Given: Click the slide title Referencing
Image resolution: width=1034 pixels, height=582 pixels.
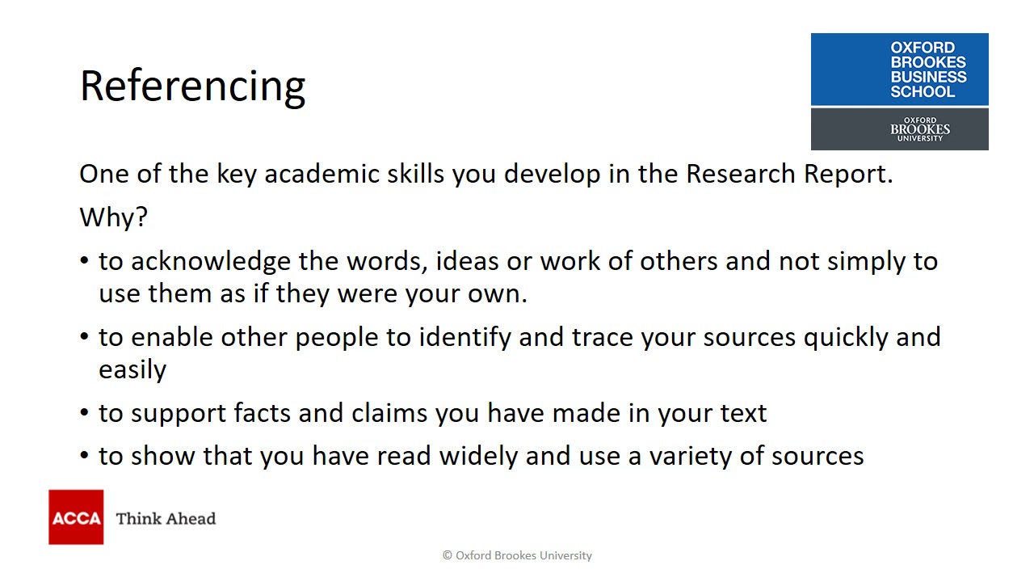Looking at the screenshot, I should pos(192,86).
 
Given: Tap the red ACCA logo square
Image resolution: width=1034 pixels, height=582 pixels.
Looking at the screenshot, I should pos(76,517).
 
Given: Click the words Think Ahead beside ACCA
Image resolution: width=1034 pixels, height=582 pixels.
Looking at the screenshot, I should pos(166,519).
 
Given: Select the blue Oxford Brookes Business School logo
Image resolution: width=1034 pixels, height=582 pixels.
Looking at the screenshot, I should pos(899,70).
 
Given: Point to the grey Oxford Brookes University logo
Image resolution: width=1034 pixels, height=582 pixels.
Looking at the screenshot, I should pos(899,129).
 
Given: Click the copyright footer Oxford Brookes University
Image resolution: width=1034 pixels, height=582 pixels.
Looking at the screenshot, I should pos(517,555).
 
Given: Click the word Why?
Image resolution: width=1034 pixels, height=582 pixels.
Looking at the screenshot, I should pos(113,217).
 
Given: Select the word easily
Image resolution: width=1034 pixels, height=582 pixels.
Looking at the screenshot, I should pos(132,369).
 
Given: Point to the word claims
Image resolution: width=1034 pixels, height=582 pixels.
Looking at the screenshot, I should pos(389,413).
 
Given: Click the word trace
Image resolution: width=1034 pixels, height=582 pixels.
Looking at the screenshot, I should pos(603,337).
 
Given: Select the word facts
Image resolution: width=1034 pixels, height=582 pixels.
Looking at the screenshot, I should pos(263,413).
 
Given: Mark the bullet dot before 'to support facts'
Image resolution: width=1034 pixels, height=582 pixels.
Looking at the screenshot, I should pos(85,413).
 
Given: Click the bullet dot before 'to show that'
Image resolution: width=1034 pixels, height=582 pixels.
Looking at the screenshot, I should pos(85,456).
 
